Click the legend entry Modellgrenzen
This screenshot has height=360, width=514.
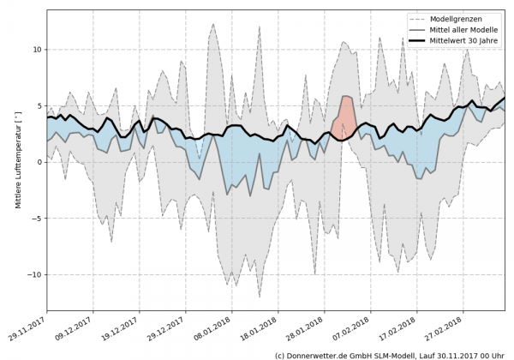(454, 18)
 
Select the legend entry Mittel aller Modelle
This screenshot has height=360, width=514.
(462, 29)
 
